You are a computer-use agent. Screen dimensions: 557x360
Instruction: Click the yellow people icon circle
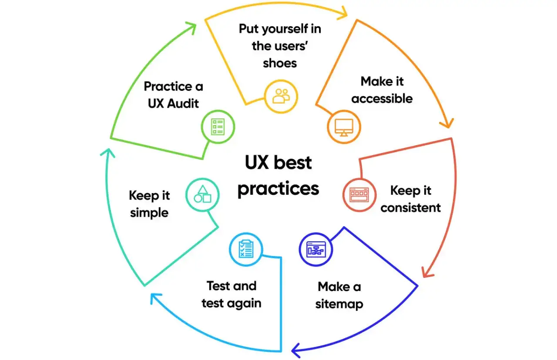(281, 97)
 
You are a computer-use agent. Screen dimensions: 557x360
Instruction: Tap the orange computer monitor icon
(344, 127)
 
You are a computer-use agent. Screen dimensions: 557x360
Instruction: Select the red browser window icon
(359, 195)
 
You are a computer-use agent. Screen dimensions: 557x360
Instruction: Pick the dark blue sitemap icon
(316, 249)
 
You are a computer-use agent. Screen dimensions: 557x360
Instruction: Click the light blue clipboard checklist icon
(246, 249)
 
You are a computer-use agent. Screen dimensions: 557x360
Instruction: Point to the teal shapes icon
(202, 194)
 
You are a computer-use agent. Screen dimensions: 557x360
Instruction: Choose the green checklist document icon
(218, 127)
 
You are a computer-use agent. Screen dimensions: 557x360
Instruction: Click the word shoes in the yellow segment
(280, 63)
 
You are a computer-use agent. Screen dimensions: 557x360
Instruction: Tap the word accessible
(382, 99)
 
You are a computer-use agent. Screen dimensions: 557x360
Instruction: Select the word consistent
(410, 208)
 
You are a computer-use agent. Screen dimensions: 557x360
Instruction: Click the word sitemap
(339, 304)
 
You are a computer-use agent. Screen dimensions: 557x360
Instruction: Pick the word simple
(149, 213)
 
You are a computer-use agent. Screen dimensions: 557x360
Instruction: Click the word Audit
(183, 103)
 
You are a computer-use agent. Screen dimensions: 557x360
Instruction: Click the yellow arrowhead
(344, 13)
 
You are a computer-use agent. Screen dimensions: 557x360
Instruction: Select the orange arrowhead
(448, 123)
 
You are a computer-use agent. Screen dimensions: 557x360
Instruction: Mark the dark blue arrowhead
(296, 350)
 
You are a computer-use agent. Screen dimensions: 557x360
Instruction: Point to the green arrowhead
(191, 27)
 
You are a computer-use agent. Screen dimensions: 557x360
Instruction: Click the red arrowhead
(427, 273)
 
